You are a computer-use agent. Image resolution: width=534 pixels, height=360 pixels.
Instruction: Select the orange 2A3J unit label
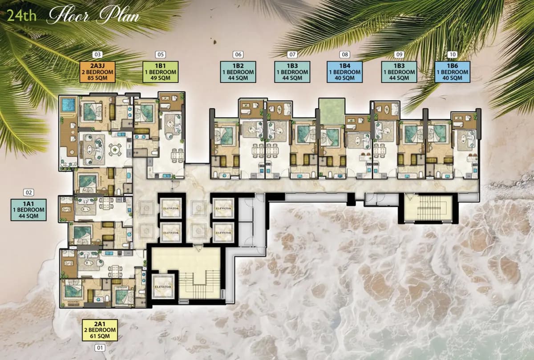pos(97,72)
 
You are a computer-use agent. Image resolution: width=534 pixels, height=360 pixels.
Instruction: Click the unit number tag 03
pos(97,55)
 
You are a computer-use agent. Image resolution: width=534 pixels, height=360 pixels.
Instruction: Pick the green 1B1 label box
pos(160,72)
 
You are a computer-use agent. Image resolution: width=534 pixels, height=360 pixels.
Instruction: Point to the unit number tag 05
pos(160,55)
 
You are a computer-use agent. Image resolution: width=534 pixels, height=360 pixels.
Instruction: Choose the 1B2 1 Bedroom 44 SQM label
pos(238,72)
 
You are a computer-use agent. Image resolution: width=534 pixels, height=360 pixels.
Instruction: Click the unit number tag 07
pos(292,55)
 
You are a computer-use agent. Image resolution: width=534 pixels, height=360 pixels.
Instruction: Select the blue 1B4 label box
pos(344,72)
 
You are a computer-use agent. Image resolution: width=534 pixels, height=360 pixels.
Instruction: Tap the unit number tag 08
pos(344,55)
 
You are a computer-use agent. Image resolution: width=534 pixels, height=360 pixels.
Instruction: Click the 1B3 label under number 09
pos(399,72)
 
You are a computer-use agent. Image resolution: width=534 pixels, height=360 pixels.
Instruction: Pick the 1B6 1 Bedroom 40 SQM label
pos(452,72)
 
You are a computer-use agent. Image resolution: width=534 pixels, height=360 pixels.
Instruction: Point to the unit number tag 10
pos(453,55)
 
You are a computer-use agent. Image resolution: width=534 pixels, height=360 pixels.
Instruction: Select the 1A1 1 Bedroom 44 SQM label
pos(28,210)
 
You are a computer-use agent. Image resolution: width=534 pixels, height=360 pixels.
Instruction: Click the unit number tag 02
pos(28,193)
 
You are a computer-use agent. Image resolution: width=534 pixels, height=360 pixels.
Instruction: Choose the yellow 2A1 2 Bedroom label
pos(100,330)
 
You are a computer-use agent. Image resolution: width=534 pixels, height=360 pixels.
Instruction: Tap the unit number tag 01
pos(100,348)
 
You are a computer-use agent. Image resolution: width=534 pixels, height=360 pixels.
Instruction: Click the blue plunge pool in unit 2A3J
pos(68,105)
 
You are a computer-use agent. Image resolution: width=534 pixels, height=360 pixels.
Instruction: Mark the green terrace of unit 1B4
pos(332,111)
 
